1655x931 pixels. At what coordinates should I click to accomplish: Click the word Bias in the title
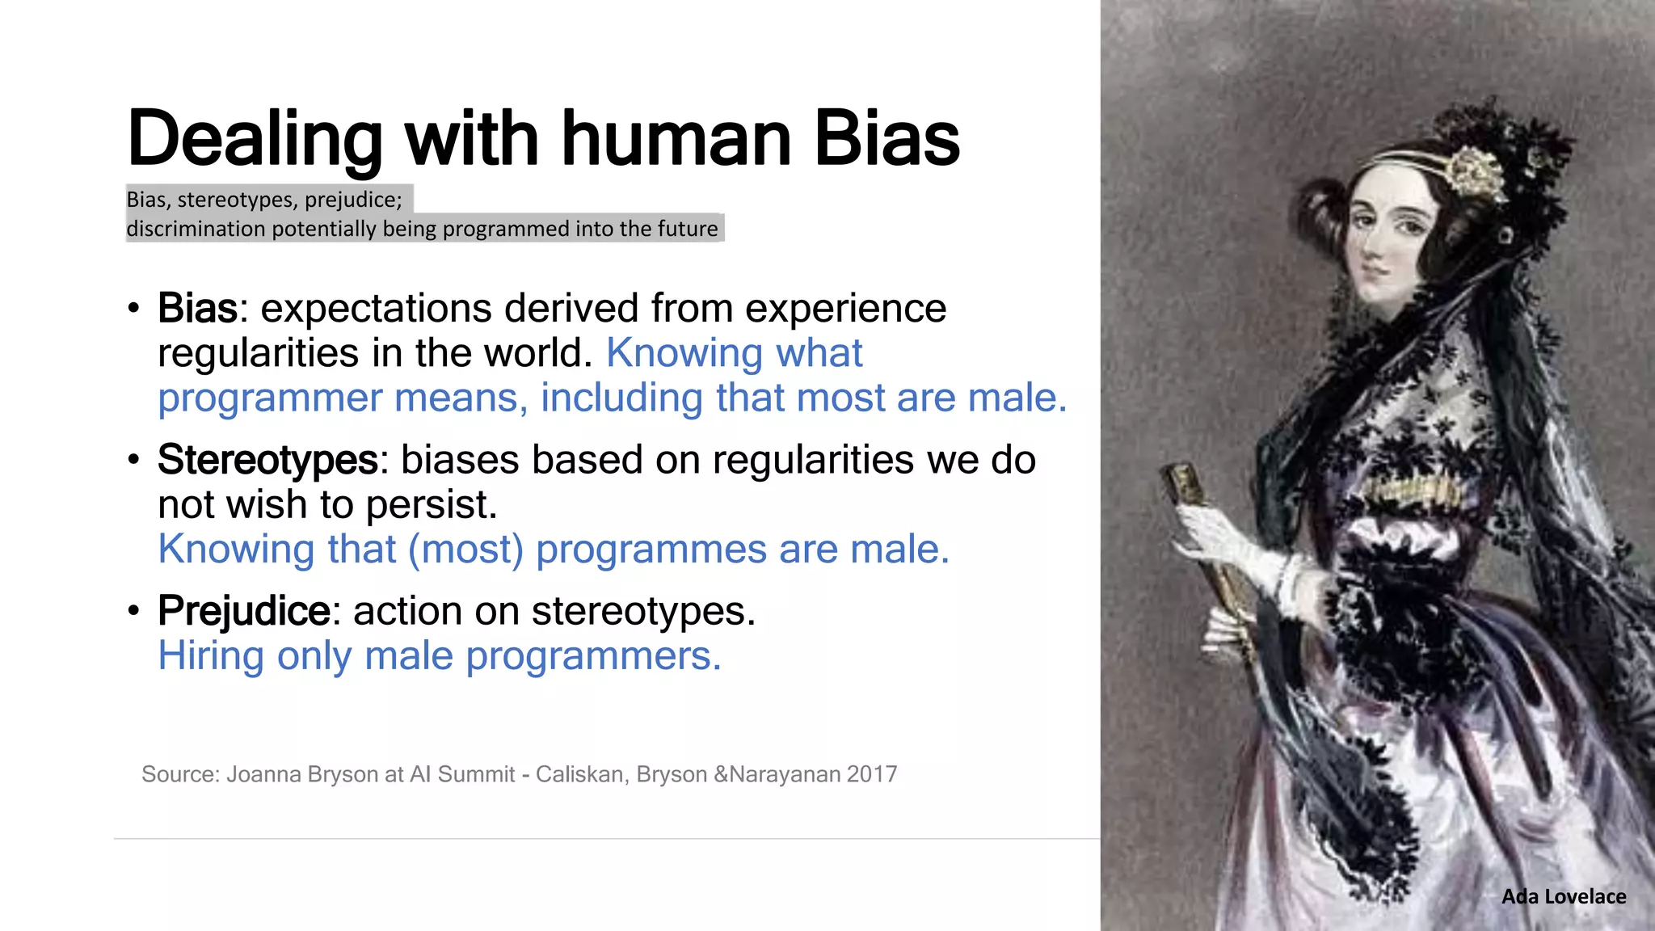[886, 139]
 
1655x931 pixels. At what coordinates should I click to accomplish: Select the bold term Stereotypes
[267, 460]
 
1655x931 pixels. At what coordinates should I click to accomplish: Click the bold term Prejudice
[243, 611]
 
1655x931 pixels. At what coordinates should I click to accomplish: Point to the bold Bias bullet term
[197, 309]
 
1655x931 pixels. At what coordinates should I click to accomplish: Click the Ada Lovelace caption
[1563, 896]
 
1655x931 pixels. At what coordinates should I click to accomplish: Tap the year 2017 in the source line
[872, 774]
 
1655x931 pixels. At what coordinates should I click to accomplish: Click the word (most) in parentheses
[466, 550]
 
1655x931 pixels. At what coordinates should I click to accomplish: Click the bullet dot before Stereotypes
[133, 460]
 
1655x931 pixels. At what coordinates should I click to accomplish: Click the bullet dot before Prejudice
[133, 611]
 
